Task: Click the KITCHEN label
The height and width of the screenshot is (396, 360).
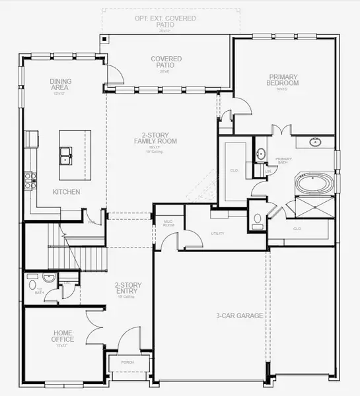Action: (66, 192)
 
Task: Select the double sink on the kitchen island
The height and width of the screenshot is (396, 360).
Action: (65, 156)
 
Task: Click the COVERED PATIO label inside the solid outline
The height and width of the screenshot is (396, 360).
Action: (166, 62)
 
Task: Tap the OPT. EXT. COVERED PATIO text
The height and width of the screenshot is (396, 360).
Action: (166, 21)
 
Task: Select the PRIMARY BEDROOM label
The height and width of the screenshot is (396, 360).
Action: (283, 80)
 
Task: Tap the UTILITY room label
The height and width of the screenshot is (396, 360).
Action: (218, 234)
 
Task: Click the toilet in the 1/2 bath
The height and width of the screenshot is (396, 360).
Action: (32, 285)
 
